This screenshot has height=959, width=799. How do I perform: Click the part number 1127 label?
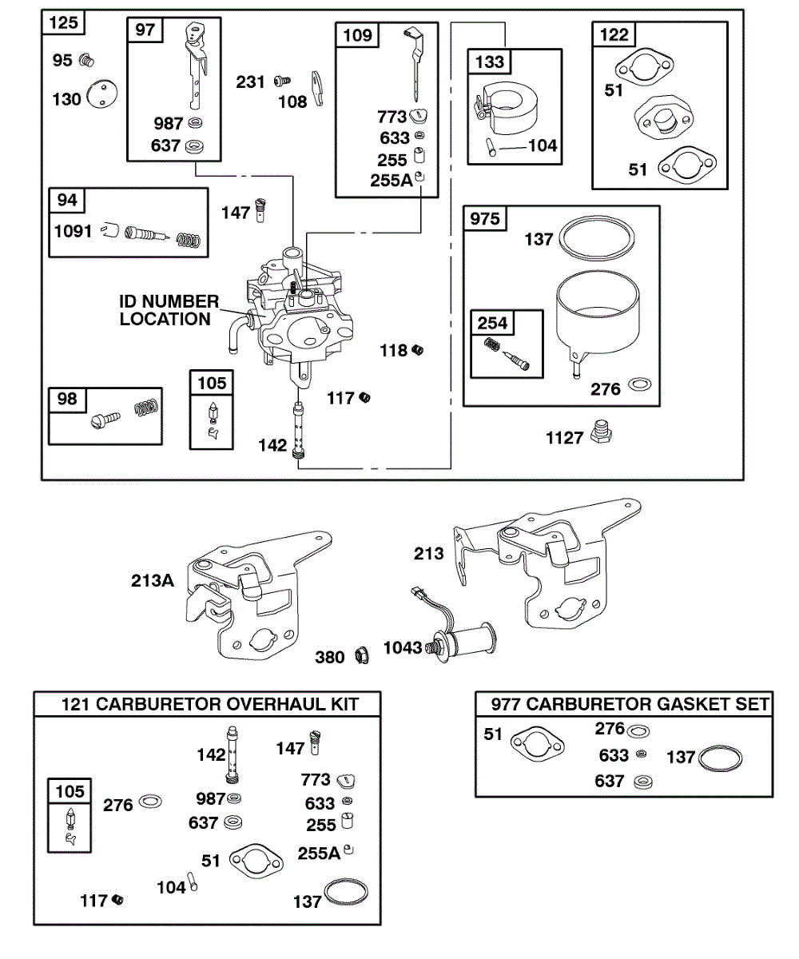[x=565, y=438]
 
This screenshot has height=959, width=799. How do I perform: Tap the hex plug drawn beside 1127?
[x=601, y=432]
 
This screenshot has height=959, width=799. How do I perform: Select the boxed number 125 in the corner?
[x=64, y=22]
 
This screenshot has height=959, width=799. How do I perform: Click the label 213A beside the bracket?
[x=153, y=581]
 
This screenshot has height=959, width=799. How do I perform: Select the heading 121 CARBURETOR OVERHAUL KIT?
[x=210, y=704]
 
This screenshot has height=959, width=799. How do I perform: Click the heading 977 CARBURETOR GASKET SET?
[x=630, y=704]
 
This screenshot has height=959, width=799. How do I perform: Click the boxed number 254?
[x=492, y=323]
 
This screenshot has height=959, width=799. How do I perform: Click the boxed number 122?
[x=614, y=34]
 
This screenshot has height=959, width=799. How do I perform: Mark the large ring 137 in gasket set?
[x=720, y=758]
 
